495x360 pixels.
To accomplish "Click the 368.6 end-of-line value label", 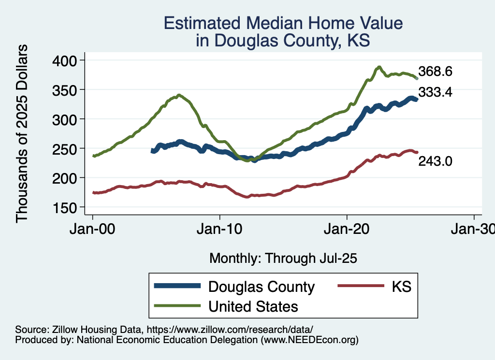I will [435, 72].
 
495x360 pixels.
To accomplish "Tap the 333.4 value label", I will [435, 92].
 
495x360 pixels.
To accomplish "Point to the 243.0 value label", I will [435, 161].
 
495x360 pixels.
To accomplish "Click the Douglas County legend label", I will [261, 287].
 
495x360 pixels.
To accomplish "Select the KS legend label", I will [401, 287].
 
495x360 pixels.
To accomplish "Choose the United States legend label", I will [253, 306].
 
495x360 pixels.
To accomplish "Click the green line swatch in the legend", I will [177, 306].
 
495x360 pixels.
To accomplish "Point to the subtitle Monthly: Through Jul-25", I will [283, 259].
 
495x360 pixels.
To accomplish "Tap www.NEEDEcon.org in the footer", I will [309, 340].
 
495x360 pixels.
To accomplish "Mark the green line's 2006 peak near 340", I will [179, 95].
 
